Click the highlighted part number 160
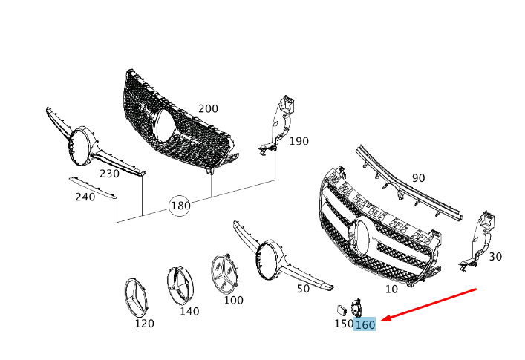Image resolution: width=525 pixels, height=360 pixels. [x=365, y=324]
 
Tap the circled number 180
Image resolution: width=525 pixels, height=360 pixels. [x=180, y=205]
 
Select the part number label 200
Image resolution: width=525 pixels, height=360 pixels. [x=208, y=108]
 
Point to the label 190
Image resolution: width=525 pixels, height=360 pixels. [x=299, y=141]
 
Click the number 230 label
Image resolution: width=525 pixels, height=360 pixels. [x=109, y=174]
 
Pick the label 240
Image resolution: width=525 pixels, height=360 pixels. [x=85, y=197]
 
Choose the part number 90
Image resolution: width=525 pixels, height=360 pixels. [x=419, y=178]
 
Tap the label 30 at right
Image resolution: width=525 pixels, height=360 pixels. [x=495, y=257]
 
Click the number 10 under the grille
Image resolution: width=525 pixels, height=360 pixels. [x=391, y=289]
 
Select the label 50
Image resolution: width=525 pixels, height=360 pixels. [x=303, y=289]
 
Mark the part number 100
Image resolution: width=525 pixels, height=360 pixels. [x=233, y=301]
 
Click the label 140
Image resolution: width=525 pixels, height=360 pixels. [x=189, y=312]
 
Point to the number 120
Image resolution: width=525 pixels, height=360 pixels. [x=144, y=324]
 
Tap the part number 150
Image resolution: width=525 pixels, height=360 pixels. [x=343, y=324]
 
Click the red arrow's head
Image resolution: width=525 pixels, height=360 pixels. [x=385, y=318]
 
